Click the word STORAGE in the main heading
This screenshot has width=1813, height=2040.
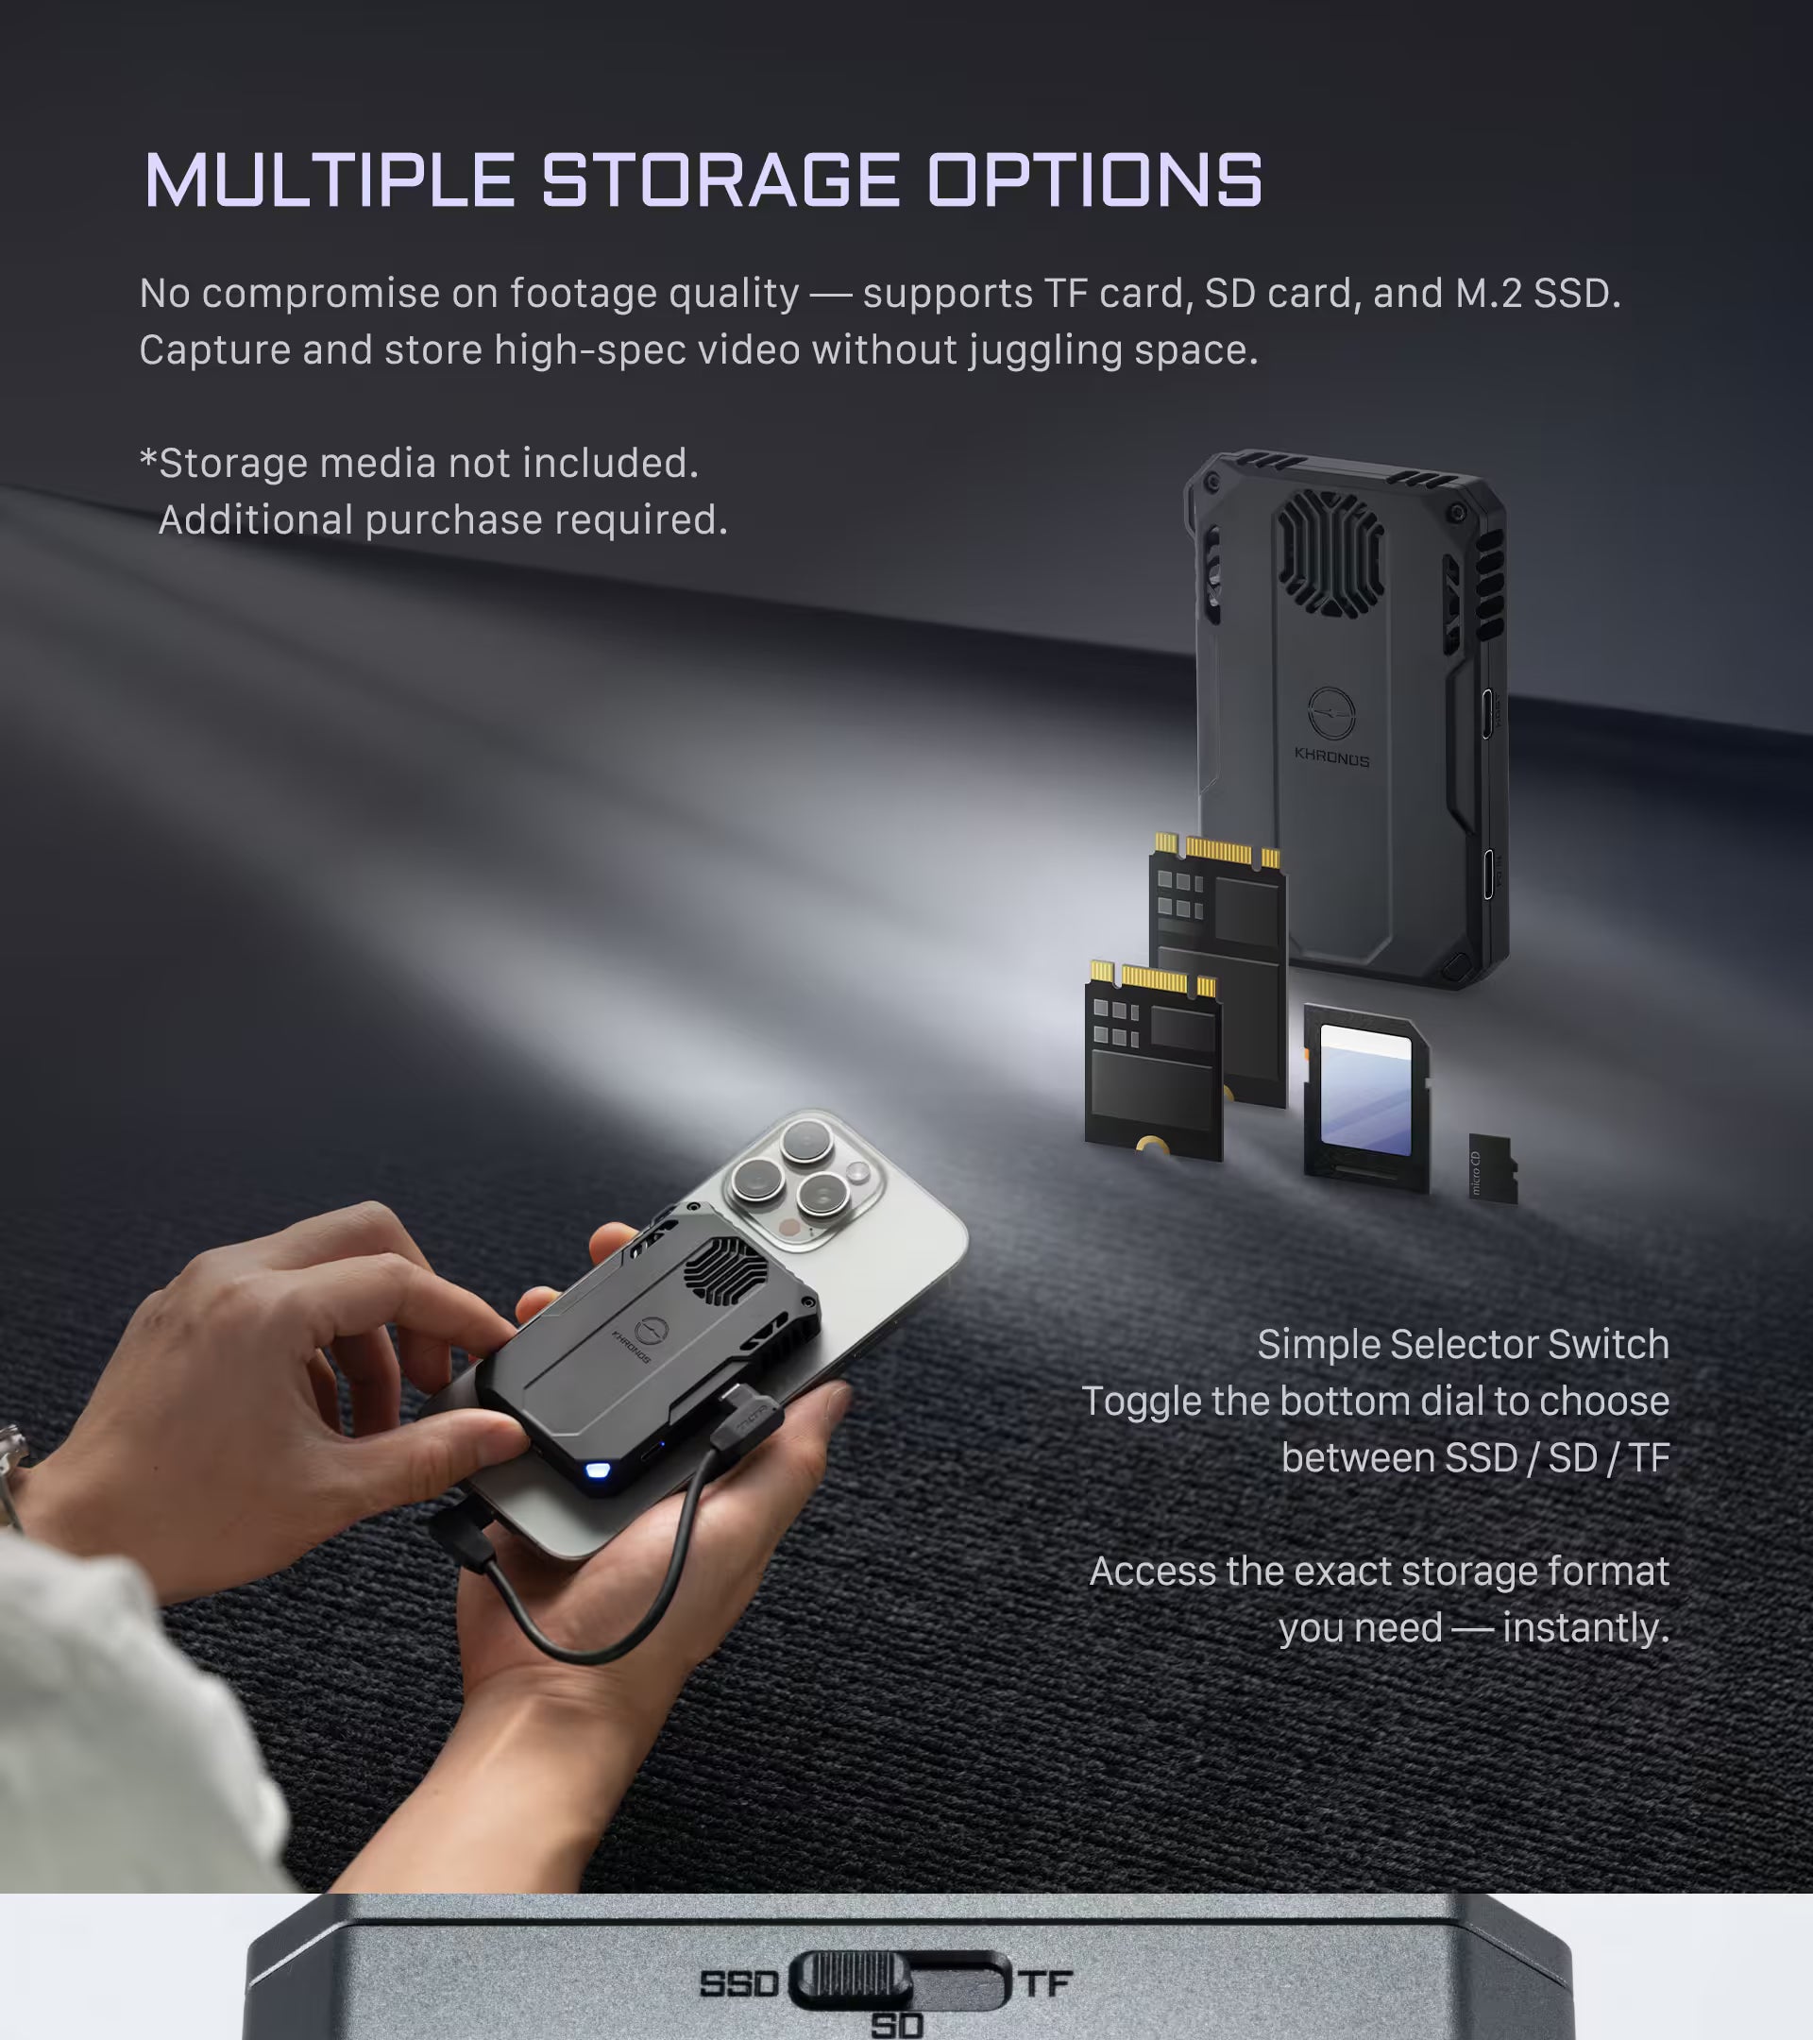click(x=721, y=180)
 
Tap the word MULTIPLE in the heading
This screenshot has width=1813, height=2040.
click(x=330, y=180)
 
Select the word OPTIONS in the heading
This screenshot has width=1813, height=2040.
click(x=1094, y=180)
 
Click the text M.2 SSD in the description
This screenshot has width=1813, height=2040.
click(x=1536, y=293)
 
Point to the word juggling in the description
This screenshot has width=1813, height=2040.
click(x=1044, y=351)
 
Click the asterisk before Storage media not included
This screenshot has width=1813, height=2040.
click(x=148, y=458)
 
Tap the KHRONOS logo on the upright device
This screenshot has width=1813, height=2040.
click(x=1331, y=725)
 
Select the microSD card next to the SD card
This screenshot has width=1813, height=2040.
click(x=1493, y=1167)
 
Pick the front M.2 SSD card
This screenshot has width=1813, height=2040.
click(x=1154, y=1061)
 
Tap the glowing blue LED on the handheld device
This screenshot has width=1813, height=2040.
click(x=598, y=1470)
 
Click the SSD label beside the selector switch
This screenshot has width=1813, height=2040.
click(x=738, y=1983)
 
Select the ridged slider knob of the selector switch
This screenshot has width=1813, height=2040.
click(x=851, y=1980)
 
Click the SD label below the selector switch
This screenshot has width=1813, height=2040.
click(x=897, y=2025)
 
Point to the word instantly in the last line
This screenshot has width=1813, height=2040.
click(x=1585, y=1628)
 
